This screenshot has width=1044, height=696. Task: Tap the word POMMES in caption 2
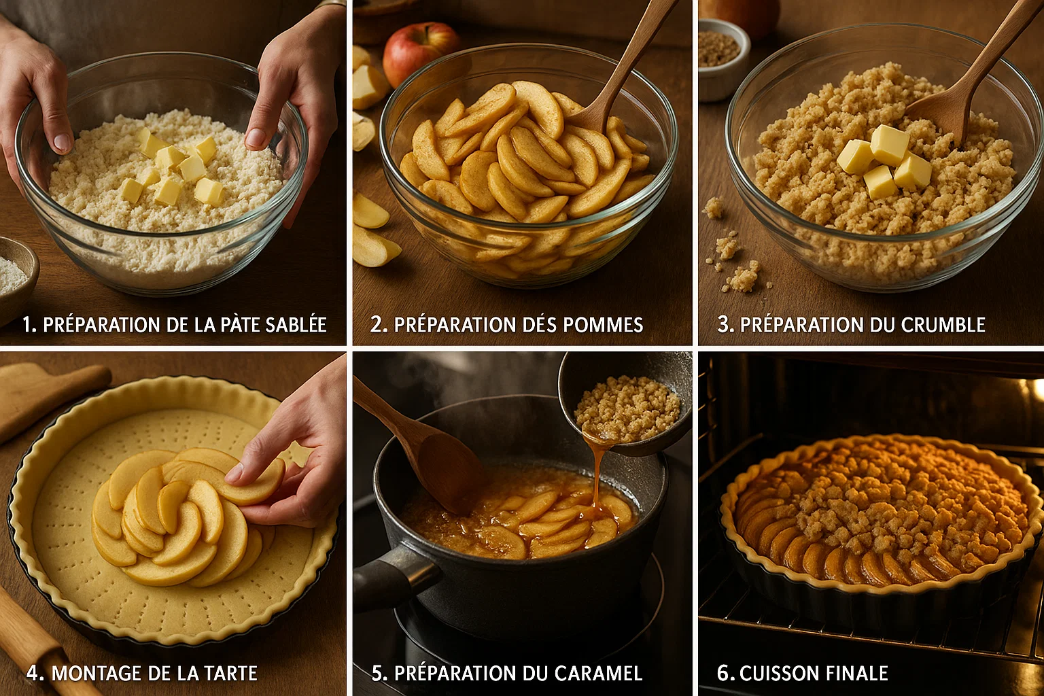point(604,325)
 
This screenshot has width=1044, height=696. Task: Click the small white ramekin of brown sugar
point(721,57)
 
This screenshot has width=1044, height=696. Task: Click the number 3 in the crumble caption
point(725,325)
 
